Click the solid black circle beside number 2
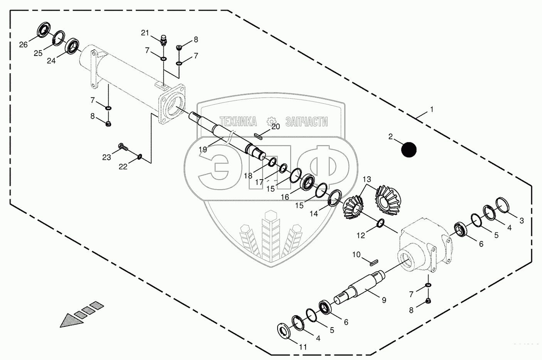[409, 150]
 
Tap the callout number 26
[24, 45]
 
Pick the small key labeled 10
[372, 263]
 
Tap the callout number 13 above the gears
[367, 179]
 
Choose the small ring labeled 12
[380, 223]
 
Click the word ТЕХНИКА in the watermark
[238, 122]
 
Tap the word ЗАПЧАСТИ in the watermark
[306, 122]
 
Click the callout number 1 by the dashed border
[431, 109]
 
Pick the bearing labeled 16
[308, 182]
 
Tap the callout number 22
[123, 167]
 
